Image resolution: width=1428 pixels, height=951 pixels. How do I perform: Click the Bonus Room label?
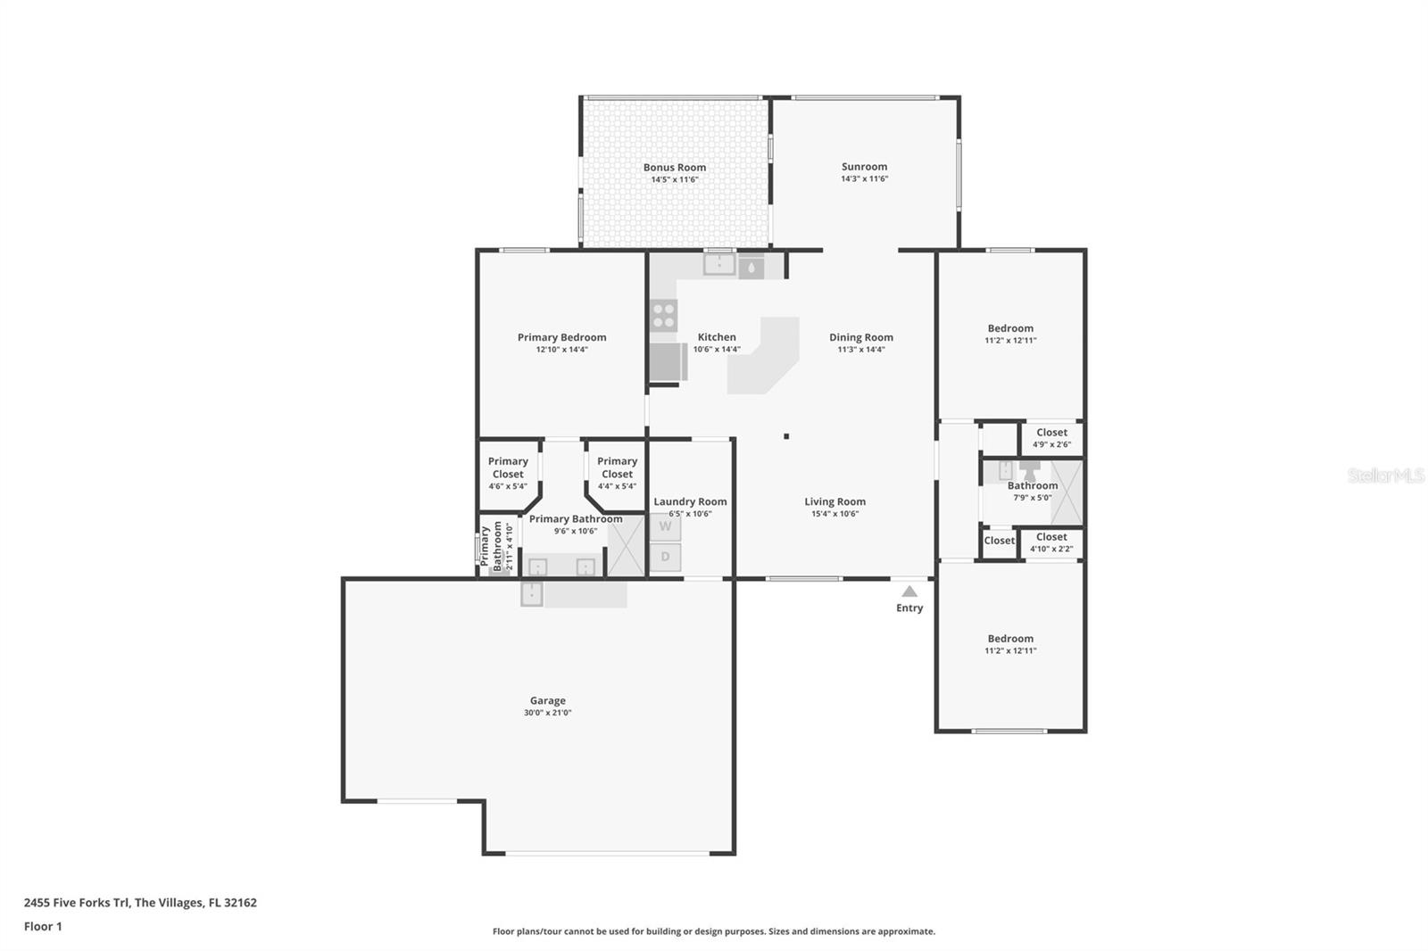coord(674,168)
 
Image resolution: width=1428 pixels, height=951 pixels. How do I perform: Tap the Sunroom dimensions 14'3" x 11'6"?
coord(864,178)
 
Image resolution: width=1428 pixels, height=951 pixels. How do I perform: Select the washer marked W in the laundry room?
coord(665,526)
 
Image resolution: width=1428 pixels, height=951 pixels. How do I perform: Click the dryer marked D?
coord(665,558)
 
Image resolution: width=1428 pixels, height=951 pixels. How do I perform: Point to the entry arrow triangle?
coord(909,591)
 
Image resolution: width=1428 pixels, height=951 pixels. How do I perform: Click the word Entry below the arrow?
coord(909,608)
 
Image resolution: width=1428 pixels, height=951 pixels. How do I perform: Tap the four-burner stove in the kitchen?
coord(663,315)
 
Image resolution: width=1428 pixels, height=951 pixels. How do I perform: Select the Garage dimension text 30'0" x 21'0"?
coord(547,713)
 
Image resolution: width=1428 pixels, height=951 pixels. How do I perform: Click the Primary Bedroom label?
coord(561,337)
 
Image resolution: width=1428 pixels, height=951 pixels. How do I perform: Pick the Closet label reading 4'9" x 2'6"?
coord(1051,438)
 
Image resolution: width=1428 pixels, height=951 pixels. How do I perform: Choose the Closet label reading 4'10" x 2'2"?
coord(1051,542)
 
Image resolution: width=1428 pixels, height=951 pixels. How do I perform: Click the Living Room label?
coord(834,501)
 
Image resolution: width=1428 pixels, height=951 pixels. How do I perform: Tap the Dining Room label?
coord(860,337)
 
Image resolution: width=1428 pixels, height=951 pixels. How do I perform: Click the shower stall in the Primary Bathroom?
coord(626,546)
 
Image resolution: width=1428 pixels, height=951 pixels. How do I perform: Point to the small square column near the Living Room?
coord(786,436)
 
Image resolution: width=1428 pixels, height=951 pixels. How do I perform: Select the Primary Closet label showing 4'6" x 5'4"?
coord(508,473)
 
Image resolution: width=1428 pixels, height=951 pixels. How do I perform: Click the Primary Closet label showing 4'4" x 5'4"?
coord(617,473)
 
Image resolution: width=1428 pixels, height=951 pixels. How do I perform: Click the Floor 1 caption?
coord(43,927)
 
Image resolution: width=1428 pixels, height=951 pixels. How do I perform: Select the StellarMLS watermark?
coord(1385,476)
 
